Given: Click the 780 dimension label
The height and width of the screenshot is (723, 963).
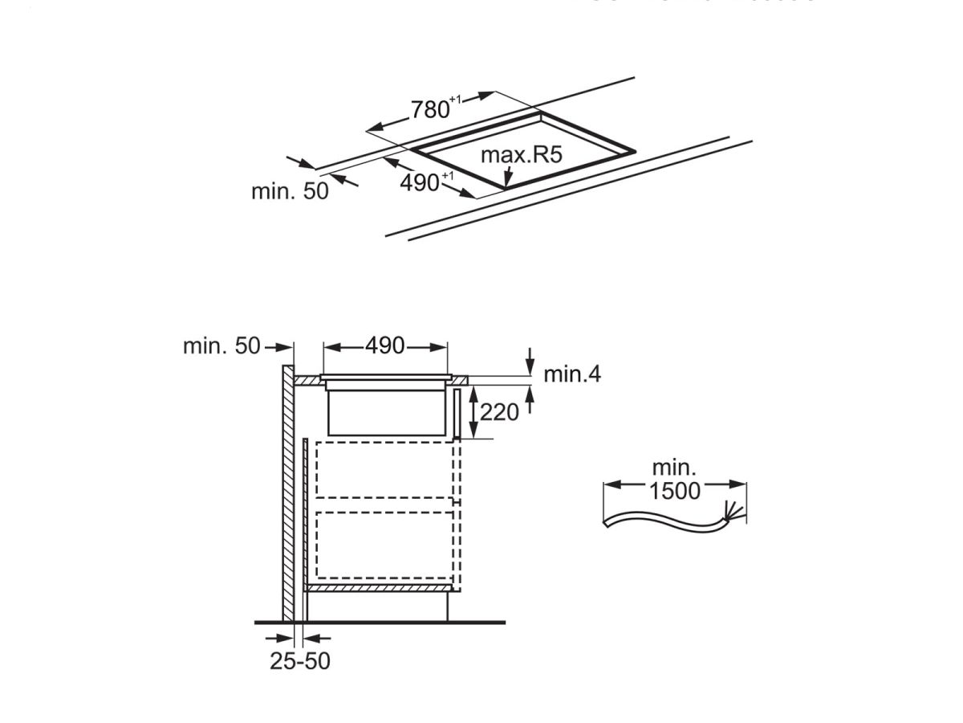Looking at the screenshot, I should coord(430,109).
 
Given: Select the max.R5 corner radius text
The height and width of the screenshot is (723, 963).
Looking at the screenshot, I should coord(521,155).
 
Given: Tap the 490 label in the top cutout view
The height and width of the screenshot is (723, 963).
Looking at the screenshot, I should coord(420,183).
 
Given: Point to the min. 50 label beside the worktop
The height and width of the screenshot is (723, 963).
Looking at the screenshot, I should coord(290,191).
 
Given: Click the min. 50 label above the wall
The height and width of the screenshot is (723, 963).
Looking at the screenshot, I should coord(221,346).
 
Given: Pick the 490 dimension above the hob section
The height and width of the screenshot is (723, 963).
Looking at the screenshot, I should coord(384,346).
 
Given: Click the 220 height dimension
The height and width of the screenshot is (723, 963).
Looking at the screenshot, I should coord(499,412).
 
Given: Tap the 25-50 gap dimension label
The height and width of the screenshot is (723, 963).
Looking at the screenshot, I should coord(299,661).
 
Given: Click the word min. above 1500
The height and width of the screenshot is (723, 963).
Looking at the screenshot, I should coord(674,468).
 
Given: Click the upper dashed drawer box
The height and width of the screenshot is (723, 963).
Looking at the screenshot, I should coord(385,469).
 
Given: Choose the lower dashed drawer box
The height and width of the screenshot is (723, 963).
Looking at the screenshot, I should coord(385,544).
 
